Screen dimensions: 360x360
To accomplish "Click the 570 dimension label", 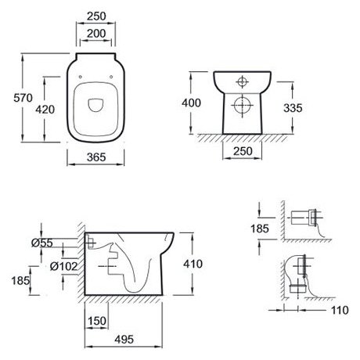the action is coord(23,98).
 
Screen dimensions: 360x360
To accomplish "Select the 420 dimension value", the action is coord(45,110).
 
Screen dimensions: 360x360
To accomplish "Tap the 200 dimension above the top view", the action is coord(96,34).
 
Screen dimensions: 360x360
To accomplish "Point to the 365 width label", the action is coord(96,157).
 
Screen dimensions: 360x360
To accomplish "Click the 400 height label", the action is coord(192,103).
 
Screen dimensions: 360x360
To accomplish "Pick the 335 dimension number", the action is coord(293,108).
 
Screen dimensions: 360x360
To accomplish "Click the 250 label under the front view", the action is coord(243,151).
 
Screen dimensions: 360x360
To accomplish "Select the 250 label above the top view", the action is coord(96,16).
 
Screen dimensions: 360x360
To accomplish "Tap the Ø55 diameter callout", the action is coord(42,243).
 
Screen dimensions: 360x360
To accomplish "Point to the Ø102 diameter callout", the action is coord(64,266).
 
